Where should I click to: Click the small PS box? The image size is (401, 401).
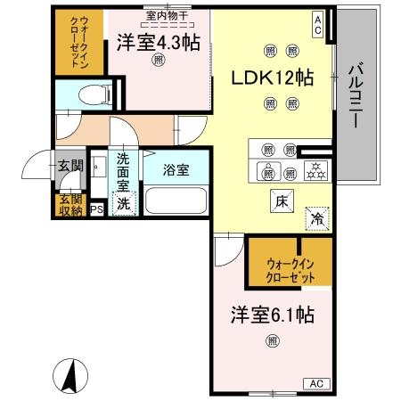pos(96,209)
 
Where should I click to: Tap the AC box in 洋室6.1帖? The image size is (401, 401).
pos(316,383)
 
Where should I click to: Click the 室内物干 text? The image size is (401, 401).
pos(163,14)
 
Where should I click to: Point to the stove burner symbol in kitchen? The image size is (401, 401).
pos(315,169)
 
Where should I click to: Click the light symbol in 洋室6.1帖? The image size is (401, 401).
pos(272,340)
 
